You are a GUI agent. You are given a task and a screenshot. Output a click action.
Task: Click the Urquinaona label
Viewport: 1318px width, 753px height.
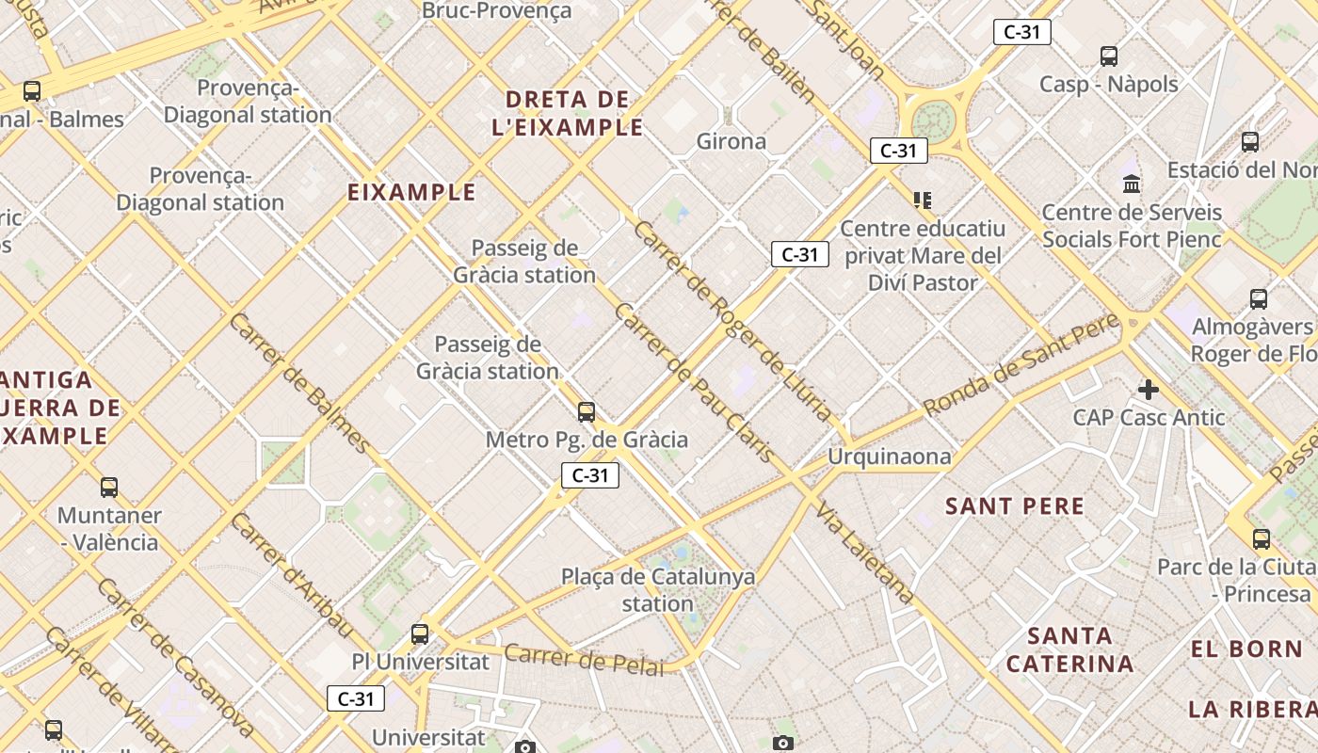890,457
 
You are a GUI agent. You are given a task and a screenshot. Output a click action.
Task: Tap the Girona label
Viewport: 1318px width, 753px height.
731,141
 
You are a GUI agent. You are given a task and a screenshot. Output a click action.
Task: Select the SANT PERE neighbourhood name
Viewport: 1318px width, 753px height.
1015,506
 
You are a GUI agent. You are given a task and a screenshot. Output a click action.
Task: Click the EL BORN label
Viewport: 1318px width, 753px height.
1246,649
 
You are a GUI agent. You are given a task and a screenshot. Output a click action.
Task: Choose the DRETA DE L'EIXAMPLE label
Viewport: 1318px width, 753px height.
568,113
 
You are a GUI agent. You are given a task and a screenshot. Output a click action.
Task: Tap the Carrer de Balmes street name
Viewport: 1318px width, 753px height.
299,382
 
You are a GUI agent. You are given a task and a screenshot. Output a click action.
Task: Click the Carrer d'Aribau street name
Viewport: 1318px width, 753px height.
293,576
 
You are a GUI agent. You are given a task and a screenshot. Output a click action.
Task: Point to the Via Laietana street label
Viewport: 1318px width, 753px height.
864,553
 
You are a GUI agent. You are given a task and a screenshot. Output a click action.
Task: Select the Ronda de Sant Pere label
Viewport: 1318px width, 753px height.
1021,364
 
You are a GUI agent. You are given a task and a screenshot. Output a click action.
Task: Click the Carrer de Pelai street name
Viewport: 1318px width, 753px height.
584,659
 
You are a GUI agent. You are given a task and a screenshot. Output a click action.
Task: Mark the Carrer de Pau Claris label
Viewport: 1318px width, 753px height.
694,382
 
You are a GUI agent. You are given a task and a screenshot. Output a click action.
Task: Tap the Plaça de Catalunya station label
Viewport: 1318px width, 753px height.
658,590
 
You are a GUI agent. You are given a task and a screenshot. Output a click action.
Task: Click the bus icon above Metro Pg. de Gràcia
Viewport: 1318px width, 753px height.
587,411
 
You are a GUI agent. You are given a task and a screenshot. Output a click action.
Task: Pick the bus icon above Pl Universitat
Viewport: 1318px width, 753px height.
420,634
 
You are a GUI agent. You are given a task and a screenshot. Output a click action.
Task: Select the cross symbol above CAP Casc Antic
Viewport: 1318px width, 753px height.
1149,389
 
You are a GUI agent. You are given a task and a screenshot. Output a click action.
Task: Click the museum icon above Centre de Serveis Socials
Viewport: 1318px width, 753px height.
1132,184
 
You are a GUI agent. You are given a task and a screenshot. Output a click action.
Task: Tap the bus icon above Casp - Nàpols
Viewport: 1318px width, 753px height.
1109,56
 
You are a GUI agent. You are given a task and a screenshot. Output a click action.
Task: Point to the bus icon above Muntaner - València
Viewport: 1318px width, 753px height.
109,488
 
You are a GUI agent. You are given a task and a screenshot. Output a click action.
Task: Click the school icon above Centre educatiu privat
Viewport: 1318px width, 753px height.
922,200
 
